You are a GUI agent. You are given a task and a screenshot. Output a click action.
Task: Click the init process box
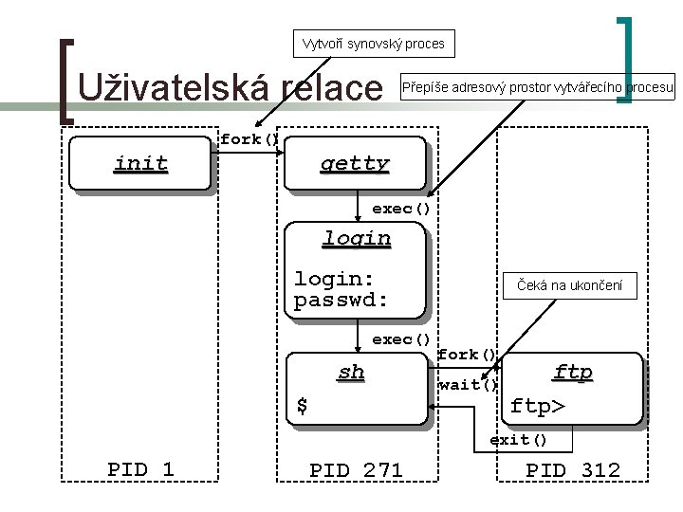pos(140,165)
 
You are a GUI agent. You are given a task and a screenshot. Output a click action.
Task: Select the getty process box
pos(354,164)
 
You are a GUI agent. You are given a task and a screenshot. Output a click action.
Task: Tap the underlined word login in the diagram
pos(356,238)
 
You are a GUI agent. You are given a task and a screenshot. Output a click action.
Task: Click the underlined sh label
pos(351,372)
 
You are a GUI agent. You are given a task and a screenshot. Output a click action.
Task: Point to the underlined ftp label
pos(573,372)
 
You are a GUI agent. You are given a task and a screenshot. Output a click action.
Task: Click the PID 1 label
pos(140,469)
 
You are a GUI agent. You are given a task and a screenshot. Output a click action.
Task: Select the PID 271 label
pos(356,469)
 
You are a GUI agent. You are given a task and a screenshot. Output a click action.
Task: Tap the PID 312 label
pos(573,469)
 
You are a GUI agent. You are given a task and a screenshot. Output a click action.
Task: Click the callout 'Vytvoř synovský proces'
pos(373,43)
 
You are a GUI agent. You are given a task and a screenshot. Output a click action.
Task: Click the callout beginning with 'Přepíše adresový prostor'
pos(538,89)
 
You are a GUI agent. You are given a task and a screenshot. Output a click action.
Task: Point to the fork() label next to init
pos(249,139)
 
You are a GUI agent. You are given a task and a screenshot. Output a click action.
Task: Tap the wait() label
pos(468,384)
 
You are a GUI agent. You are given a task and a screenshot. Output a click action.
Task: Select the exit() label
pos(518,440)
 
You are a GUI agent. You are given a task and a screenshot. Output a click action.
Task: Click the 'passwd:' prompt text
pos(341,302)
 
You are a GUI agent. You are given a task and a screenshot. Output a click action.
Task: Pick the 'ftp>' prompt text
pos(538,407)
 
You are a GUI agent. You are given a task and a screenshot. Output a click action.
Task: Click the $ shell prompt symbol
pos(302,406)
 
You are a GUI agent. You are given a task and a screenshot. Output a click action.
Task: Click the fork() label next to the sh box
pos(467,355)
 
